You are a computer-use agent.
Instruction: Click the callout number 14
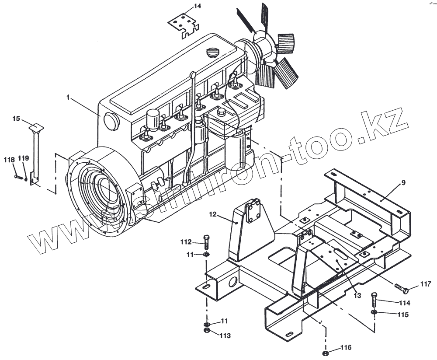tap(198, 6)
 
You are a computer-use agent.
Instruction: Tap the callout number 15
tap(16, 118)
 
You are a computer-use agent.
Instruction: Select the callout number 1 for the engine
tap(68, 97)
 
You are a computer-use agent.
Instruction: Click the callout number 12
tap(213, 214)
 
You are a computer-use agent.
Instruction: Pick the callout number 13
tap(357, 295)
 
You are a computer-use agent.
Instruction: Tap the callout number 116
tap(346, 348)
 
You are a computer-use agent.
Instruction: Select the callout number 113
tap(225, 336)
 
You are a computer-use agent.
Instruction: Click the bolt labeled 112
tap(207, 242)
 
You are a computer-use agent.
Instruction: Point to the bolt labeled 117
tap(401, 288)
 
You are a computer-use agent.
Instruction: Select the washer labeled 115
tap(374, 312)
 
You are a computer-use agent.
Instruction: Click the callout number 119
tap(24, 158)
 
